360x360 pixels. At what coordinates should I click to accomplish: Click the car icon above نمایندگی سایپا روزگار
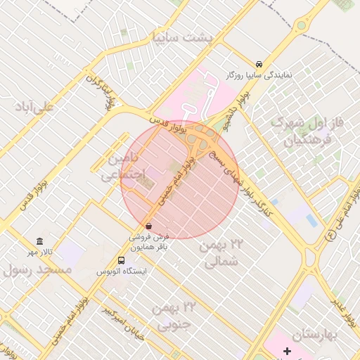point(260,63)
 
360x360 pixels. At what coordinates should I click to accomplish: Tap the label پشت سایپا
point(181,36)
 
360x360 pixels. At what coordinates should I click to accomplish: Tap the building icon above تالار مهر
point(39,241)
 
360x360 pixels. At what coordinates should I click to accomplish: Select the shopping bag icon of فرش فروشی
point(148,226)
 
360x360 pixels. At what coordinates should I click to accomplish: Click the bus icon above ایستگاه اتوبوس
point(122,261)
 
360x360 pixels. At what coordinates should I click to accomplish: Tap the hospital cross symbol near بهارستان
point(287,350)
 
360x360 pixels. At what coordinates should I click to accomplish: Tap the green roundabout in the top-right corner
point(302,26)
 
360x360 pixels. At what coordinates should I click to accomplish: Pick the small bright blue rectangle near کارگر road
point(311,220)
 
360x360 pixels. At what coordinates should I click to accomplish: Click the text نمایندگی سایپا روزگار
point(268,73)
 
